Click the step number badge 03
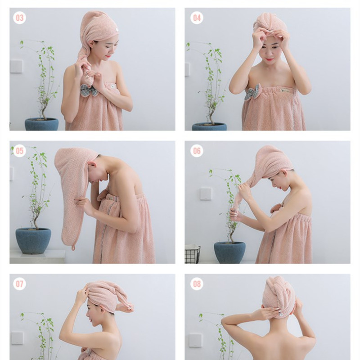[20, 18]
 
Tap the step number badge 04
[197, 18]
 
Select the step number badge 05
[20, 151]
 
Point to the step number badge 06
[197, 151]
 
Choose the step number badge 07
[20, 283]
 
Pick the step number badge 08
[197, 283]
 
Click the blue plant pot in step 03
[41, 124]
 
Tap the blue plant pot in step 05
[33, 240]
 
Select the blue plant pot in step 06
[229, 252]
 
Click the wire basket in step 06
[192, 254]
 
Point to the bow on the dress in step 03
[89, 90]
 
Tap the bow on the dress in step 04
[252, 93]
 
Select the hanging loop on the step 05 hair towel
[72, 247]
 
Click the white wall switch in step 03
[16, 66]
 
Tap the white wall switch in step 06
[206, 193]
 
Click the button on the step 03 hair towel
[115, 31]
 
